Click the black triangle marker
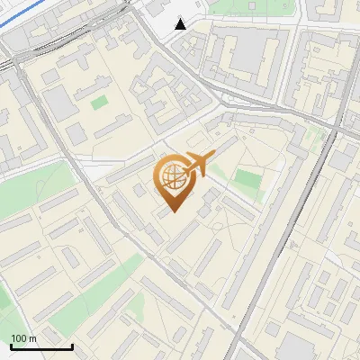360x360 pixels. pyautogui.click(x=181, y=24)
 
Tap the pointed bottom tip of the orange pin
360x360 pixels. pyautogui.click(x=173, y=212)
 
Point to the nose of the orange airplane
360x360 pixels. pyautogui.click(x=212, y=157)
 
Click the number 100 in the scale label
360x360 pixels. pyautogui.click(x=18, y=338)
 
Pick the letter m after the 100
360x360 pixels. pyautogui.click(x=32, y=338)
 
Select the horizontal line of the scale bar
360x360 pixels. pyautogui.click(x=40, y=346)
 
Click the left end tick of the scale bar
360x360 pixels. pyautogui.click(x=10, y=345)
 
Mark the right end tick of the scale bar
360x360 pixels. pyautogui.click(x=72, y=345)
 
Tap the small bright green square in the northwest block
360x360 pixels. pyautogui.click(x=98, y=102)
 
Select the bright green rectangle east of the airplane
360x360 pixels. pyautogui.click(x=245, y=179)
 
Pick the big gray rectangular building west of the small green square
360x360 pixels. pyautogui.click(x=59, y=104)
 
